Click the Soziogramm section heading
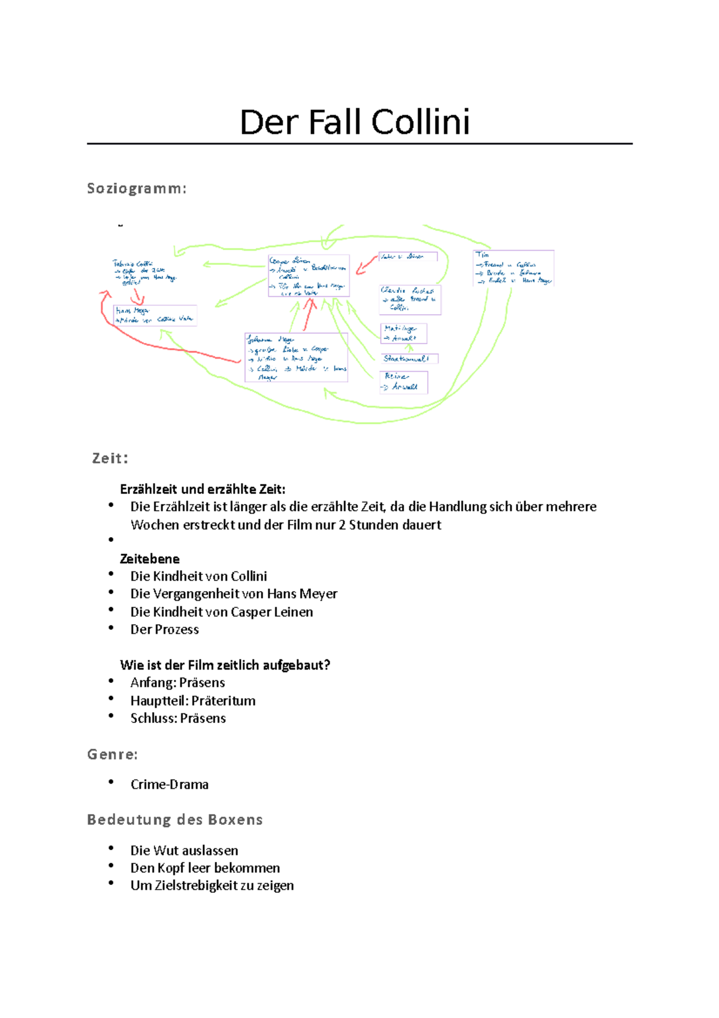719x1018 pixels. (x=137, y=189)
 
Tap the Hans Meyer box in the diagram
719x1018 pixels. (x=155, y=315)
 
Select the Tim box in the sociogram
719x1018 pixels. (x=513, y=268)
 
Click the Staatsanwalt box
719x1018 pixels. (x=409, y=359)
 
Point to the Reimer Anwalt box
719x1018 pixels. (x=403, y=382)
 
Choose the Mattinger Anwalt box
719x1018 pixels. (x=403, y=333)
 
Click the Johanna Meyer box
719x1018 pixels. (x=296, y=357)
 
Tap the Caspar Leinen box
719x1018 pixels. (x=308, y=276)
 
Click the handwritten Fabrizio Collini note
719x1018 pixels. (x=144, y=272)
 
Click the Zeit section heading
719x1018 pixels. (x=110, y=459)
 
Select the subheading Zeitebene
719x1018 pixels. (x=150, y=559)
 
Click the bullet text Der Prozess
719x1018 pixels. (x=165, y=630)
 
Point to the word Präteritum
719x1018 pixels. (x=223, y=701)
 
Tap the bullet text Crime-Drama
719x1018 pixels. (x=170, y=785)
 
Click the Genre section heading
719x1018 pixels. (x=113, y=754)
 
